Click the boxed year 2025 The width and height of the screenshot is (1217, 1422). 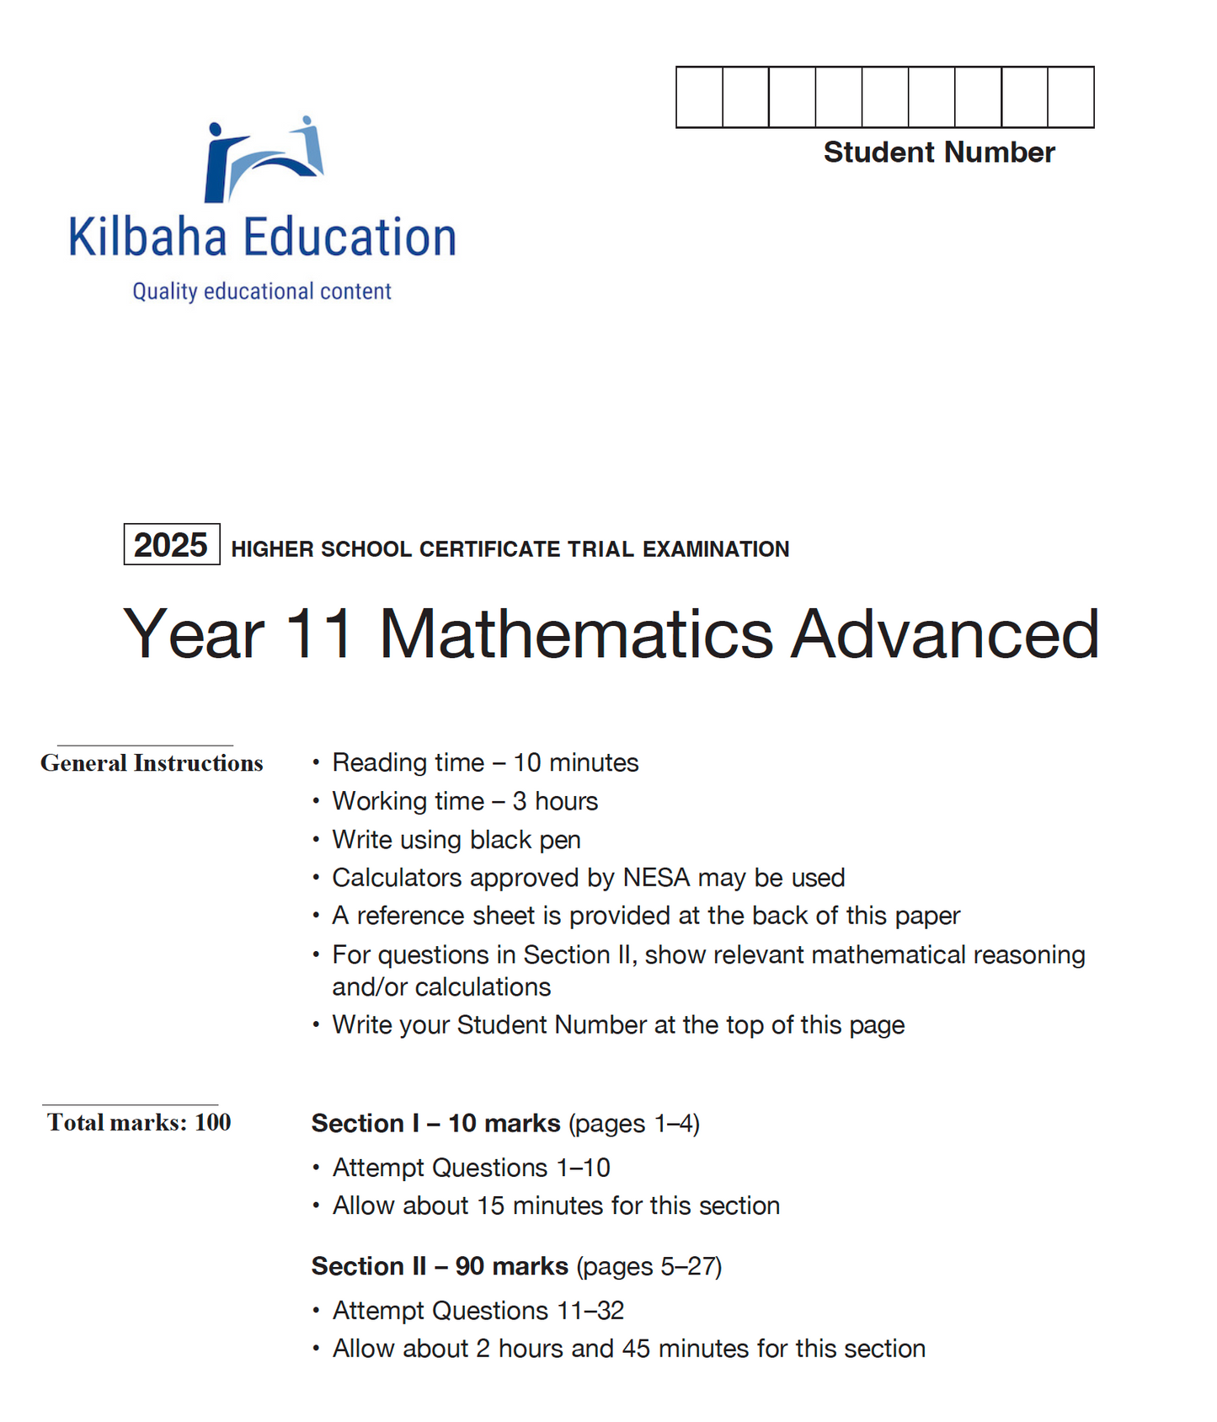(x=171, y=545)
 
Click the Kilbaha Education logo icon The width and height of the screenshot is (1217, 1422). (x=264, y=160)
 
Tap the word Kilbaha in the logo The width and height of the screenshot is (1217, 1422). (x=147, y=238)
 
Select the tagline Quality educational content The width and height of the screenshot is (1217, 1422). (x=262, y=291)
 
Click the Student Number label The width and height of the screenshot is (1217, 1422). (x=938, y=152)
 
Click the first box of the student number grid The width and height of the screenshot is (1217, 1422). (x=699, y=98)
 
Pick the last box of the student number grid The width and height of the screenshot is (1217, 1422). (x=1070, y=98)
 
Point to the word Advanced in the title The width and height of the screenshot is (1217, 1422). (x=945, y=634)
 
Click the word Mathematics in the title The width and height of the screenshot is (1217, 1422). (x=576, y=634)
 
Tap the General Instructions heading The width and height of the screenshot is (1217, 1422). (x=152, y=763)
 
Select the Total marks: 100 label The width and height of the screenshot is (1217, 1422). (x=139, y=1122)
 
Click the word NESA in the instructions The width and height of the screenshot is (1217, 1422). (x=656, y=878)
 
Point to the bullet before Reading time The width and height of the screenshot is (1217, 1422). (x=316, y=763)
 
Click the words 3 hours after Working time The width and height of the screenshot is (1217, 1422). (x=555, y=801)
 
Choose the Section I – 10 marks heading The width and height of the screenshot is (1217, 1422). (x=435, y=1123)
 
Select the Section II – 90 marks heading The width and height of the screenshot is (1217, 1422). (x=440, y=1266)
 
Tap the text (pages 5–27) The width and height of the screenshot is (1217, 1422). (x=649, y=1266)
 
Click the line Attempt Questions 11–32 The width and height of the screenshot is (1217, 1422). (x=478, y=1311)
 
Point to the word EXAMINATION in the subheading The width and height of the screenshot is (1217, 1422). (x=716, y=549)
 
